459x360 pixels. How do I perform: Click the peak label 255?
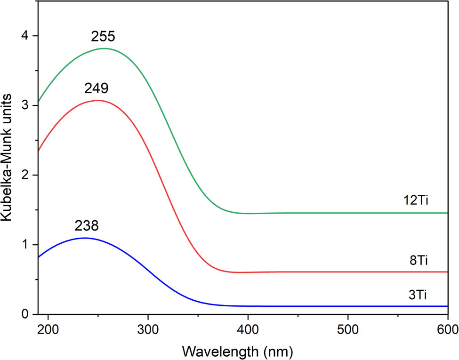104,37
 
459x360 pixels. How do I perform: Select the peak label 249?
97,88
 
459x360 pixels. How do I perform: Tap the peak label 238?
87,226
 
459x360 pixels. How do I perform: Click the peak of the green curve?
104,48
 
